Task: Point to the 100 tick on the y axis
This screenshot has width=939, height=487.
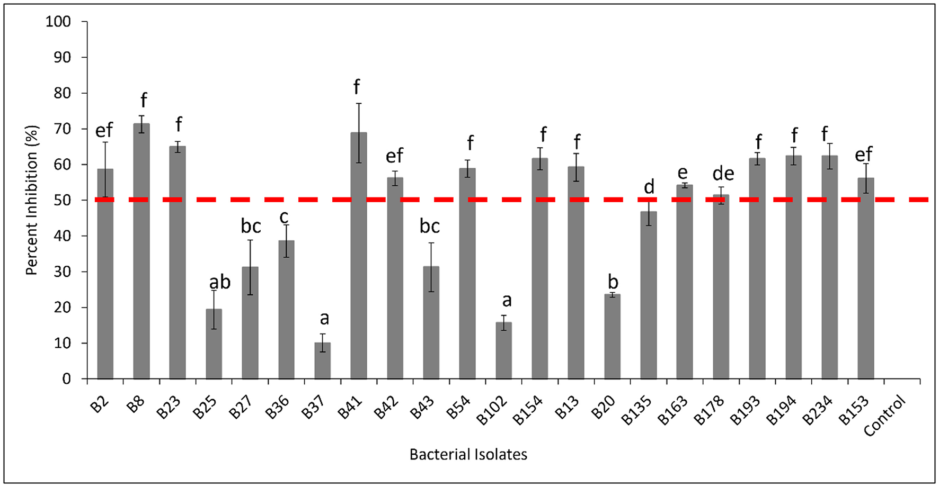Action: (58, 22)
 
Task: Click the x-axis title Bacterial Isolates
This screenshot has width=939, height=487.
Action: (468, 455)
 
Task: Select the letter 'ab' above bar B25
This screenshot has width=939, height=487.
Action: (219, 283)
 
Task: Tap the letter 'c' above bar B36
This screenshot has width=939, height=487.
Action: (285, 217)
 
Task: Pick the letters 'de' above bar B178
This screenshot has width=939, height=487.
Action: (723, 174)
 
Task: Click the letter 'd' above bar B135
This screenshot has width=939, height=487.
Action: (649, 187)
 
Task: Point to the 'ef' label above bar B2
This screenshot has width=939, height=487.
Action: (104, 130)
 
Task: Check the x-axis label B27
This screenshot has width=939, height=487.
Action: (241, 408)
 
